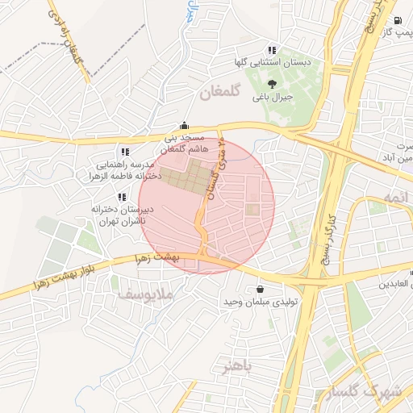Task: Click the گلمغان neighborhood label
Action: [219, 94]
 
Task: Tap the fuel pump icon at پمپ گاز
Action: [397, 21]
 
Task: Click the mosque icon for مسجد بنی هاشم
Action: [185, 125]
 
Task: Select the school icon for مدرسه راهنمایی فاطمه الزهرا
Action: [123, 151]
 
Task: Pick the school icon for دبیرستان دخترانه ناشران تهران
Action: [122, 196]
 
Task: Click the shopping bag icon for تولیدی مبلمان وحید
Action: [259, 289]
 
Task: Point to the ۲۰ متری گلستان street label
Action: [214, 174]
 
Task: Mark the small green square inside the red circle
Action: [252, 211]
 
